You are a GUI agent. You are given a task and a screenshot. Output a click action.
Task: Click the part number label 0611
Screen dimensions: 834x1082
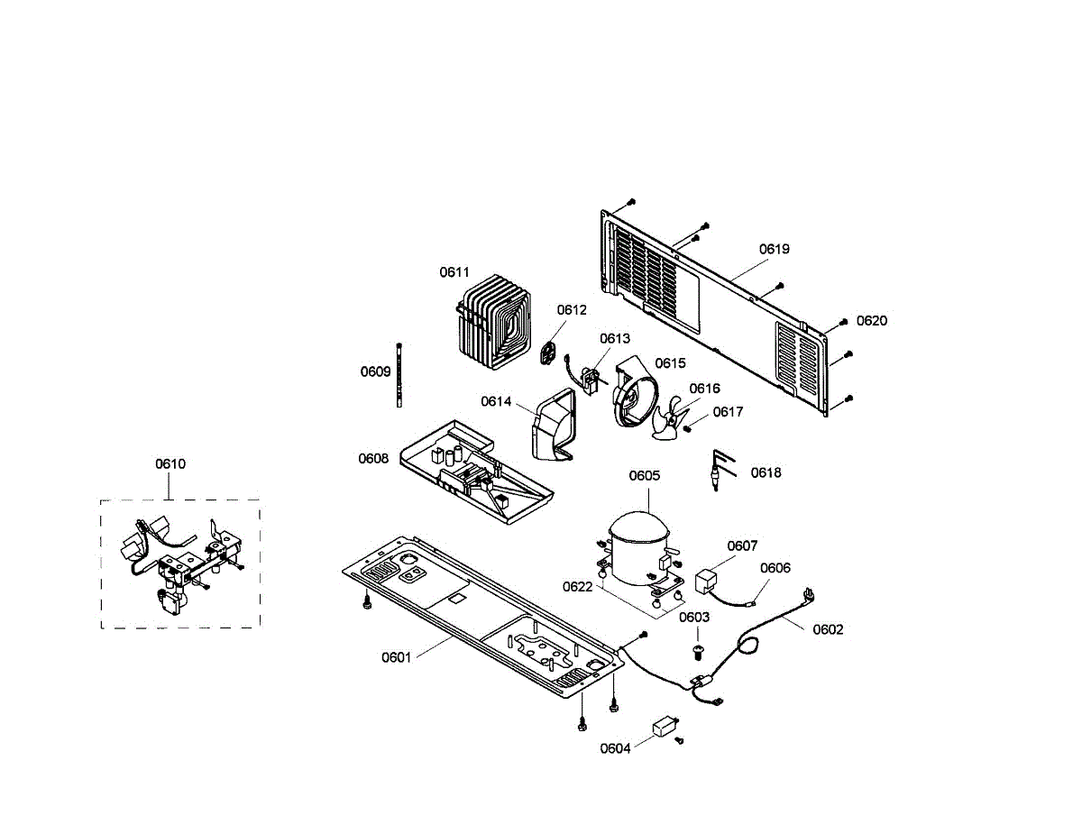click(454, 272)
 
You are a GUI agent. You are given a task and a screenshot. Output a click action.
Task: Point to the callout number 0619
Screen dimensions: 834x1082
click(774, 249)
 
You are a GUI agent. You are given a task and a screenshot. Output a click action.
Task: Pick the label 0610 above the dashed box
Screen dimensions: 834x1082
click(170, 464)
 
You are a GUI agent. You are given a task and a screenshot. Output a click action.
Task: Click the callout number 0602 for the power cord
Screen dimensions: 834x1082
click(828, 629)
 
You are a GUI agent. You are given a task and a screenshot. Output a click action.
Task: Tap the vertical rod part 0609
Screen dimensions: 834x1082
click(398, 376)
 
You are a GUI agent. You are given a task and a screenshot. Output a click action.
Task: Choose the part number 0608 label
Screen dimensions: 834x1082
click(373, 459)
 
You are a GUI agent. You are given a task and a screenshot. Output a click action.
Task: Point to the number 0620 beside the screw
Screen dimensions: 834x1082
click(872, 320)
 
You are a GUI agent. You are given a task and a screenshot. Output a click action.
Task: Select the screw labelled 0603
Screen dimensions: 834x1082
click(697, 647)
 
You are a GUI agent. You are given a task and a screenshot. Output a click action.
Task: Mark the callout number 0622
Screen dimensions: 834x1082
click(577, 587)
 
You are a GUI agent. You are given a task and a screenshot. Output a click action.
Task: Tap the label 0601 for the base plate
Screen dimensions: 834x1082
click(396, 657)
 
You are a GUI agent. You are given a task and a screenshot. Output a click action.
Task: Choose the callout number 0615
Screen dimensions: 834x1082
click(670, 363)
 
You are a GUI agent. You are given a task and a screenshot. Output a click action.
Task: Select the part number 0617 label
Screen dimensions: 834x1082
click(728, 412)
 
